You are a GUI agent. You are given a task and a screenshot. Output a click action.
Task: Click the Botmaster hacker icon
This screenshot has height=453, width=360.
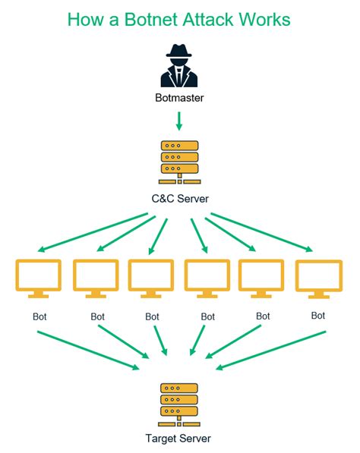pyautogui.click(x=179, y=66)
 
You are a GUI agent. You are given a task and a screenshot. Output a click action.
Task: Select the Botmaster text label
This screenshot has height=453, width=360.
pyautogui.click(x=179, y=98)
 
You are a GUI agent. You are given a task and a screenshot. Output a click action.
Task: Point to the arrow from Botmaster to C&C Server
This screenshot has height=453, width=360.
pyautogui.click(x=179, y=121)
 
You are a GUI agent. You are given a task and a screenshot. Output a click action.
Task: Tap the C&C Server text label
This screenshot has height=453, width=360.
pyautogui.click(x=179, y=199)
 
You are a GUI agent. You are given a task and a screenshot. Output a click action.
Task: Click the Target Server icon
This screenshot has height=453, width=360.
pyautogui.click(x=179, y=404)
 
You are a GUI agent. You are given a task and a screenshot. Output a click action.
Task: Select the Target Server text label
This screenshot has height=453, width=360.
pyautogui.click(x=179, y=439)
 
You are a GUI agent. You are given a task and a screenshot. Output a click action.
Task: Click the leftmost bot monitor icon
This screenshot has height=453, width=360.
pyautogui.click(x=38, y=278)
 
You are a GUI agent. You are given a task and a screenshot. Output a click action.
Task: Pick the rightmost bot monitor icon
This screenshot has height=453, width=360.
pyautogui.click(x=318, y=280)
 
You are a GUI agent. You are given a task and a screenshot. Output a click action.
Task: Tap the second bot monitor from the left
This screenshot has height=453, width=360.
pyautogui.click(x=96, y=278)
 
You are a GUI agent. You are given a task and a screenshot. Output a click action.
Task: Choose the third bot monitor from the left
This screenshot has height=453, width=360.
pyautogui.click(x=151, y=278)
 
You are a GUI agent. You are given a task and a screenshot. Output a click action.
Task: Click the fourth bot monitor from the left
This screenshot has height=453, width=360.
pyautogui.click(x=207, y=278)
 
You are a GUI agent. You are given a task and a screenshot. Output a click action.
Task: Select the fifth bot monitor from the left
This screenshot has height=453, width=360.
pyautogui.click(x=262, y=278)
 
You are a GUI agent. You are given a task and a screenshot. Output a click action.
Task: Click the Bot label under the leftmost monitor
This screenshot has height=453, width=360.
pyautogui.click(x=38, y=316)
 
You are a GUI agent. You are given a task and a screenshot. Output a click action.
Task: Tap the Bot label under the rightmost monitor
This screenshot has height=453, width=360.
pyautogui.click(x=318, y=315)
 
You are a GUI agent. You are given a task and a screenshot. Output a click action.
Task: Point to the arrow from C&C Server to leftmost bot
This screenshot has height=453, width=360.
pyautogui.click(x=91, y=232)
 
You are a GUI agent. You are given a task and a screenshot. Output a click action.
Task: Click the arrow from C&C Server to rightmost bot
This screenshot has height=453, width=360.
pyautogui.click(x=262, y=232)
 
